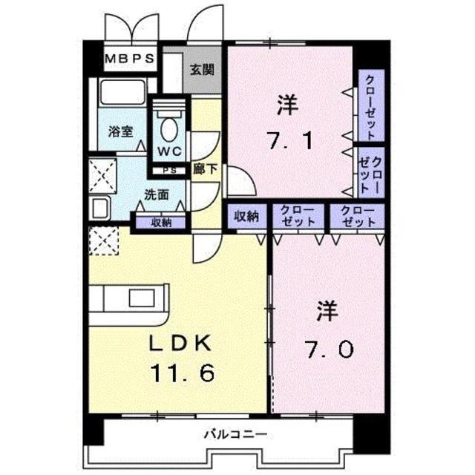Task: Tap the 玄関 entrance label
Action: point(201,71)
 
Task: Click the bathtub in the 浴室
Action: point(122,95)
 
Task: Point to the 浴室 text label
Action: point(120,132)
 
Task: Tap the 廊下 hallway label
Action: point(205,169)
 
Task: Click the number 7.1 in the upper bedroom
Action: point(288,139)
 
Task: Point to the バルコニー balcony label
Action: point(229,435)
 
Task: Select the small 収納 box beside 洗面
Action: point(162,221)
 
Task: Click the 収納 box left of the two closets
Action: point(246,216)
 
